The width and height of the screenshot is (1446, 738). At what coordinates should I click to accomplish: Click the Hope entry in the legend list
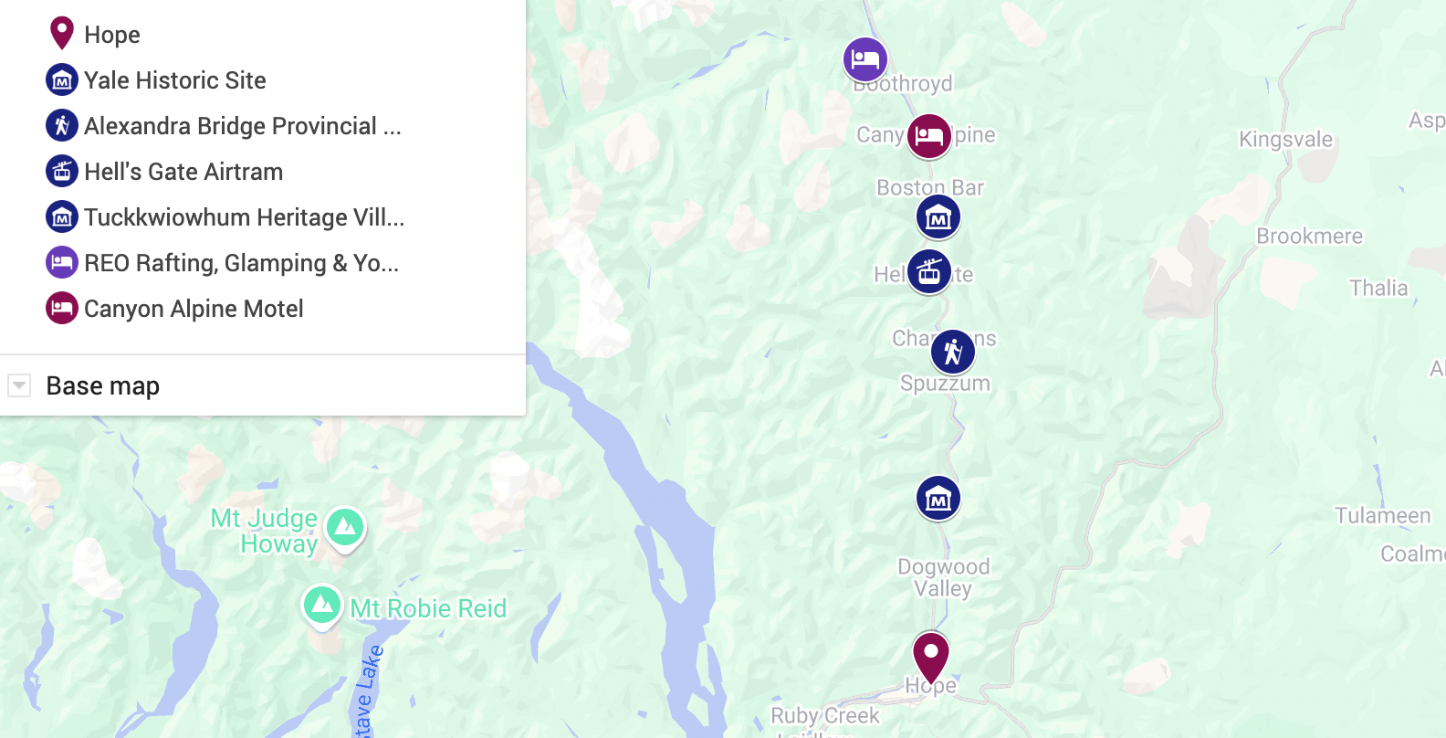[x=111, y=35]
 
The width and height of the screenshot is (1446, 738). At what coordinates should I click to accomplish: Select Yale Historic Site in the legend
[x=174, y=80]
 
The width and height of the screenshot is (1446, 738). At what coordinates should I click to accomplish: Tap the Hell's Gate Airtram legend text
[x=183, y=172]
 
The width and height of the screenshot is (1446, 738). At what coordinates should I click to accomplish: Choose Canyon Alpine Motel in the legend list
[x=194, y=309]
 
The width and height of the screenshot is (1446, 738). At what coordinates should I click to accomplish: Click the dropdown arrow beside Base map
[x=19, y=385]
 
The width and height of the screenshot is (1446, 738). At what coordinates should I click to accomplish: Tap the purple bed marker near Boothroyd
[x=864, y=59]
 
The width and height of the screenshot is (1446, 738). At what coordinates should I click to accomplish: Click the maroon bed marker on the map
[x=928, y=136]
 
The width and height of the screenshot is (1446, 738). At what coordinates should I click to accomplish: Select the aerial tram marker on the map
[x=929, y=271]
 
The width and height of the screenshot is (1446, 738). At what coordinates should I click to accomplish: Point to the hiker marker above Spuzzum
[x=952, y=352]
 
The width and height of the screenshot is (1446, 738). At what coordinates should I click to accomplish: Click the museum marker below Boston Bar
[x=938, y=217]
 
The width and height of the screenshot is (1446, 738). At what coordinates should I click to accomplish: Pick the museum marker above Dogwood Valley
[x=938, y=498]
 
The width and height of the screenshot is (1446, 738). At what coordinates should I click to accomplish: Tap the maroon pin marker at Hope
[x=931, y=654]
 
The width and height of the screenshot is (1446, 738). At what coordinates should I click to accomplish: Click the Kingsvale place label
[x=1285, y=140]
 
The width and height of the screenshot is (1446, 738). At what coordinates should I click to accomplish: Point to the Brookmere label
[x=1309, y=237]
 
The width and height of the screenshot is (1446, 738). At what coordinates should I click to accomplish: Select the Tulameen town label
[x=1382, y=516]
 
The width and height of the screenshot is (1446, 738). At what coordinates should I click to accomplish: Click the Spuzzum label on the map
[x=945, y=384]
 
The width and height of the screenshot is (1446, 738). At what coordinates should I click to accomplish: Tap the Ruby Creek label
[x=824, y=715]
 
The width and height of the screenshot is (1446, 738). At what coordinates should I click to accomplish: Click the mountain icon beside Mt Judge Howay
[x=345, y=527]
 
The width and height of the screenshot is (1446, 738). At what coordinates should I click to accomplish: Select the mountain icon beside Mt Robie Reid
[x=322, y=604]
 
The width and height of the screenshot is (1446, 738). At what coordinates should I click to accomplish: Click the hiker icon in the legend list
[x=62, y=125]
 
